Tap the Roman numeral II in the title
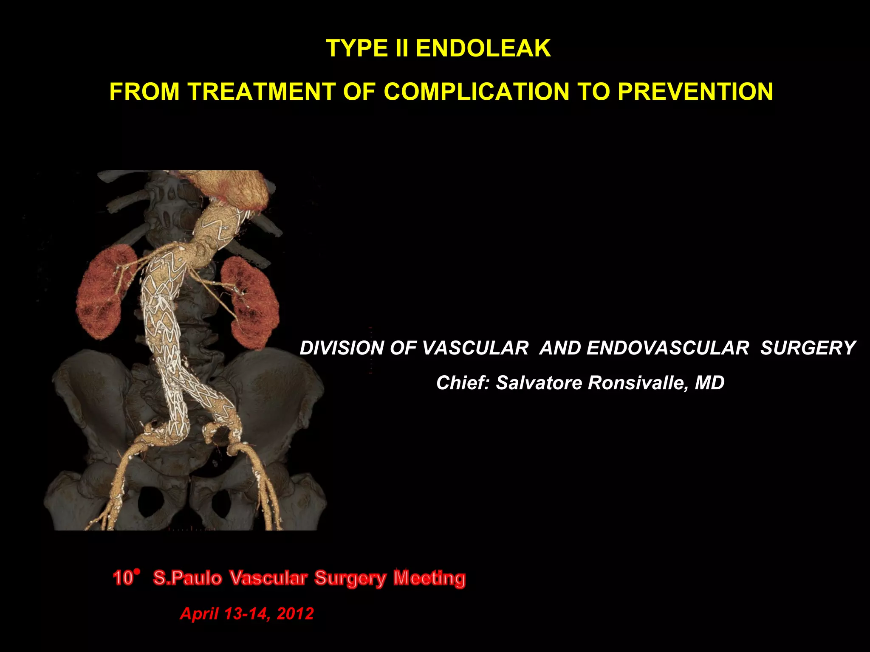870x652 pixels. (x=401, y=48)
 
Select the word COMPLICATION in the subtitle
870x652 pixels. (x=476, y=92)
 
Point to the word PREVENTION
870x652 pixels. (x=695, y=92)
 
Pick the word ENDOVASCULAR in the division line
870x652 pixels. (x=667, y=348)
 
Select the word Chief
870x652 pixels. (x=463, y=383)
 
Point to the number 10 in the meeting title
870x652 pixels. (x=123, y=579)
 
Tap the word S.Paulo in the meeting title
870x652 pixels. (x=187, y=579)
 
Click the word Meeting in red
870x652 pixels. (x=429, y=579)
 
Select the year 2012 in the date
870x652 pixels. (x=295, y=614)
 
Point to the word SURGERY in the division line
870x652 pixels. (x=808, y=348)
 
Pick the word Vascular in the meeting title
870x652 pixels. (x=268, y=579)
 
